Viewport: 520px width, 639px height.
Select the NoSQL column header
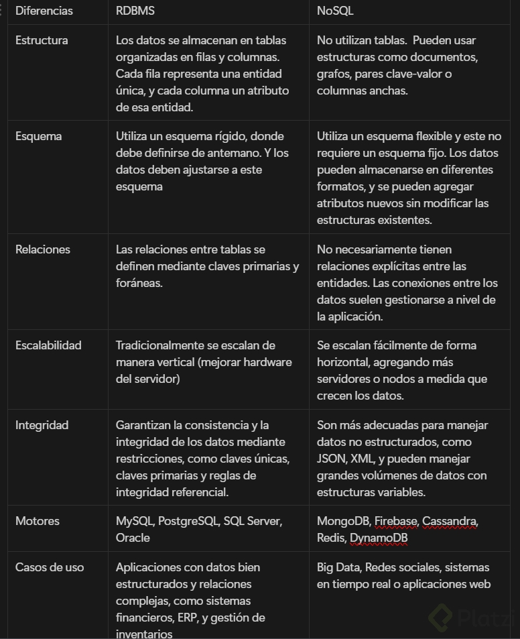point(335,11)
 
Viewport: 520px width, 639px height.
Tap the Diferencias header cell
point(44,11)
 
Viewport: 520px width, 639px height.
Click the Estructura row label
point(42,40)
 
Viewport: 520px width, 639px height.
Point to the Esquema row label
point(39,136)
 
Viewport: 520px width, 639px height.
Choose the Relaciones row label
point(43,249)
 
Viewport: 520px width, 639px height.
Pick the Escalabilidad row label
point(48,345)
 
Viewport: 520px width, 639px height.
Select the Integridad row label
point(42,425)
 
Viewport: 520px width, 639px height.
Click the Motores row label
point(38,521)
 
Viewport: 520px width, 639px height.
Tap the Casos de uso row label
point(50,567)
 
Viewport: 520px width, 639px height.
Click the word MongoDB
point(343,521)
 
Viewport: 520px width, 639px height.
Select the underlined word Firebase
point(395,521)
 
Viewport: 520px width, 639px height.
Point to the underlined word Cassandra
point(450,521)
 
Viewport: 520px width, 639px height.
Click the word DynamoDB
point(379,538)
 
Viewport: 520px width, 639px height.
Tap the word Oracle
point(133,538)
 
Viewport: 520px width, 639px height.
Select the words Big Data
point(338,567)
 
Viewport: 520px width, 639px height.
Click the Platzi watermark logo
point(472,617)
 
